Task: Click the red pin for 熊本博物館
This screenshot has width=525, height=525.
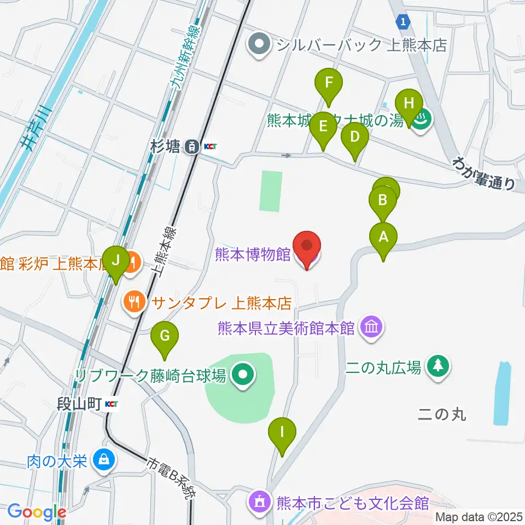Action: (307, 249)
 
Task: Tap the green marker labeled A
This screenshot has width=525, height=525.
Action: (383, 239)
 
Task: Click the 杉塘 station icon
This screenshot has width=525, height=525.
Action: (192, 146)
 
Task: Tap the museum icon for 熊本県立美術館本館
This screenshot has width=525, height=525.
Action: (371, 328)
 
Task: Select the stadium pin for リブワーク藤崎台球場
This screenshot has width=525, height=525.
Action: (242, 376)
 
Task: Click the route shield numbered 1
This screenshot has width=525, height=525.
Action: (403, 21)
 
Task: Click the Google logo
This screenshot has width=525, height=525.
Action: (37, 512)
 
